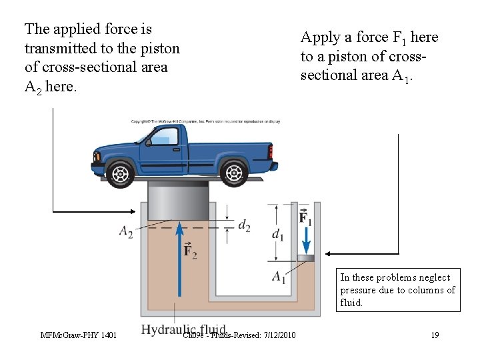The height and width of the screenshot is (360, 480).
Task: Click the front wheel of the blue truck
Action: [121, 173]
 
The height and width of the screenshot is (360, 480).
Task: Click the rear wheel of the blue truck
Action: [234, 173]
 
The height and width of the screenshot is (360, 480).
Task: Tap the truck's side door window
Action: [163, 137]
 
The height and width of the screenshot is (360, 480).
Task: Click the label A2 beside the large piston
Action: [126, 231]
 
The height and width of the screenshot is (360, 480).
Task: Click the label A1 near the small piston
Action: [279, 277]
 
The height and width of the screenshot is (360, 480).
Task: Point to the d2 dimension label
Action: [244, 225]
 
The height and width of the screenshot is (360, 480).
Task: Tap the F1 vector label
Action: [305, 217]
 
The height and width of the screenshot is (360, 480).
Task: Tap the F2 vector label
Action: [190, 251]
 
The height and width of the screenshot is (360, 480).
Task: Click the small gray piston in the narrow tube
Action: [305, 258]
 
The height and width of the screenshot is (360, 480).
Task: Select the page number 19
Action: [435, 335]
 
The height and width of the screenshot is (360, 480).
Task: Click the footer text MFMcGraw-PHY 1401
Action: [78, 335]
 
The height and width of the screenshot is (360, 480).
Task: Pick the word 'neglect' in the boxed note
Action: [433, 277]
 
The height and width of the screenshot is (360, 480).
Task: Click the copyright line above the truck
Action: [205, 121]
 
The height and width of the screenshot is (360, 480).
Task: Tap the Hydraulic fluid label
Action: [183, 329]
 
